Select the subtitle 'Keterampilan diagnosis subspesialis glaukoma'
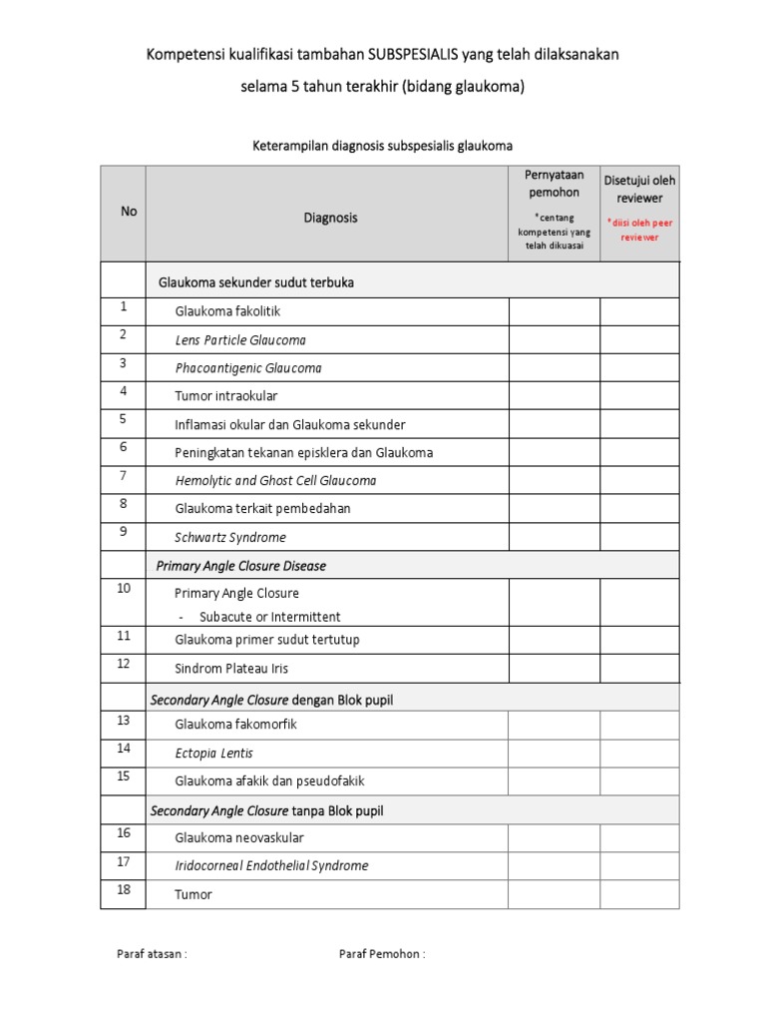(383, 146)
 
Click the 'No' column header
(129, 211)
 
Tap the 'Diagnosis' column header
(329, 218)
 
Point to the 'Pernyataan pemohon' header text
(554, 184)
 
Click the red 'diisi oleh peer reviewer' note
(639, 230)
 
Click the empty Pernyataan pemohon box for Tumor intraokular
(554, 396)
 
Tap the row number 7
(124, 475)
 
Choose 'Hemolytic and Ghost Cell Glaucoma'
(276, 480)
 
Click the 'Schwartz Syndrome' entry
(230, 537)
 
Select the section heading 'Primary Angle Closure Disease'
(241, 566)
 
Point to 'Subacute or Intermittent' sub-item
(269, 617)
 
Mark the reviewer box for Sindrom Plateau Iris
(639, 668)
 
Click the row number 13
(124, 720)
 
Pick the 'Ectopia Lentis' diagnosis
(213, 753)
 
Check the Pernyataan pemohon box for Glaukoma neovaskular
(554, 837)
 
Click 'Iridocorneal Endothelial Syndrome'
(271, 865)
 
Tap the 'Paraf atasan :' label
(153, 953)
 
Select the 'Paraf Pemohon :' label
(382, 953)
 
